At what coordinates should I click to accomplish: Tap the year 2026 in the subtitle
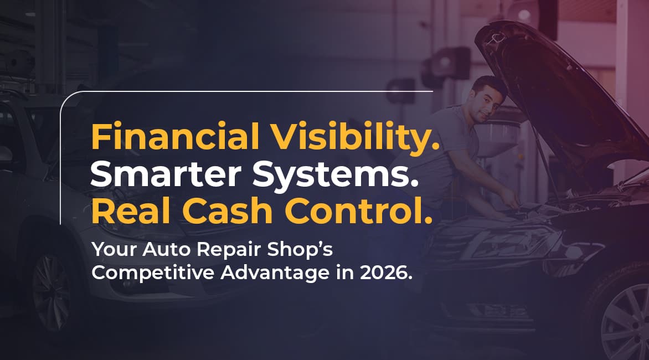pos(386,273)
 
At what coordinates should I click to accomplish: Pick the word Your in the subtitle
pos(115,250)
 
